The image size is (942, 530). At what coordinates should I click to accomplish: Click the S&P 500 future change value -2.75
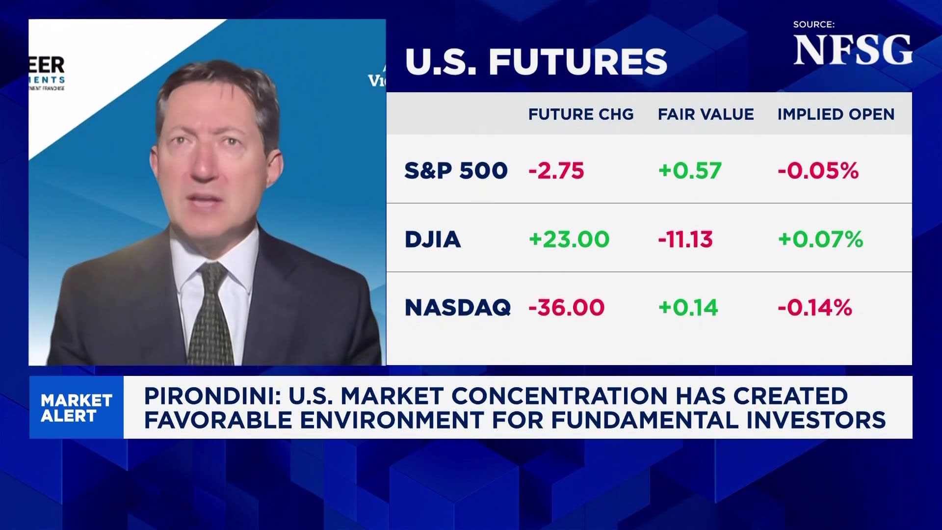pos(556,171)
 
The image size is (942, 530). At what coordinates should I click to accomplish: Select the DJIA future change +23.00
pos(569,239)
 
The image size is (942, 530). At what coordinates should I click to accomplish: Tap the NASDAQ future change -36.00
pos(566,308)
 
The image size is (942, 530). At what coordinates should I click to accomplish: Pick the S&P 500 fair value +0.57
pos(690,171)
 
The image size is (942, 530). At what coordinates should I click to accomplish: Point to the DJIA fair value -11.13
pos(685,239)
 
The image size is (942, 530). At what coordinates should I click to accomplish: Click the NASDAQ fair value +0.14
pos(688,308)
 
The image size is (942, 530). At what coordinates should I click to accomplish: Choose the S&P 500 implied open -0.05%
pos(818,171)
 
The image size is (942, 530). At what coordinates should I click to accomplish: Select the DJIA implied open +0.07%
pos(820,239)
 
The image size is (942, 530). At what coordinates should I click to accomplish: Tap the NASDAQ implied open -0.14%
pos(815,308)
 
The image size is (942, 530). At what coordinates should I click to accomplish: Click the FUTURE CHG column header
pos(581,114)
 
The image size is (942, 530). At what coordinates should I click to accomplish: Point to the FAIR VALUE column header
pos(706,114)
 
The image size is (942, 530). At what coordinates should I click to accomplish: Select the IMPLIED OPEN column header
pos(836,114)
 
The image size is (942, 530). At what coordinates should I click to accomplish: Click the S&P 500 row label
pos(456,171)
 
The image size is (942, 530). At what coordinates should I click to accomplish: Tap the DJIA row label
pos(433,239)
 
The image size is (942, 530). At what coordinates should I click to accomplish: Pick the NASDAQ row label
pos(458,308)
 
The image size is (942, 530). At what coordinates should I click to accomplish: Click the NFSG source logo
pos(853,50)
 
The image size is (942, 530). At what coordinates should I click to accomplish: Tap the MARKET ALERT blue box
pos(77,407)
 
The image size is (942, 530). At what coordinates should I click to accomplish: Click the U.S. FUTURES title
pos(536,62)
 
